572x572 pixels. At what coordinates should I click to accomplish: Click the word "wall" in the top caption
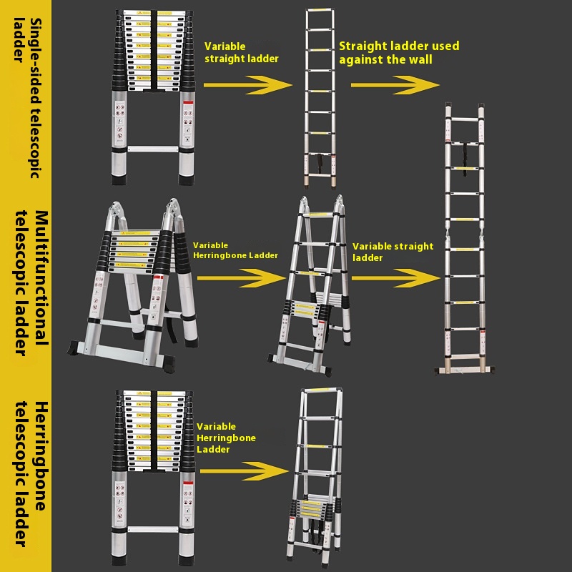pos(418,59)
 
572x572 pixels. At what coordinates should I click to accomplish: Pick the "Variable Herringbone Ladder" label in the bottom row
pos(225,438)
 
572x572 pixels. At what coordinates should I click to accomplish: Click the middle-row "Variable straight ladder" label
pos(393,252)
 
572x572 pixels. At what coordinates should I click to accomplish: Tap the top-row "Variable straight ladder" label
pos(241,52)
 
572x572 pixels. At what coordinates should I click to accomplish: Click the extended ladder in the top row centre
pos(320,97)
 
